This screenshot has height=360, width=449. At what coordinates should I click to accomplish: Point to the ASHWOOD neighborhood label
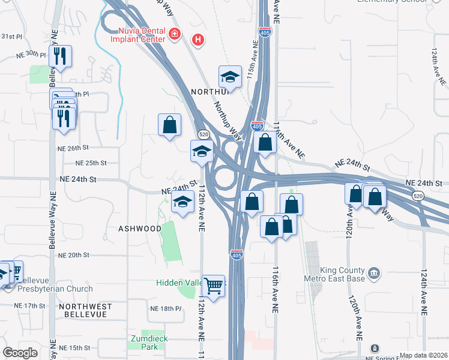[x=140, y=229]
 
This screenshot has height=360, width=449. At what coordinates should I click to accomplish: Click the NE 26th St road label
[x=73, y=148]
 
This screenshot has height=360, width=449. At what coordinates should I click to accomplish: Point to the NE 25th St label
[x=91, y=163]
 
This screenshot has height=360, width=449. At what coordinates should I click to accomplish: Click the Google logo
[x=20, y=353]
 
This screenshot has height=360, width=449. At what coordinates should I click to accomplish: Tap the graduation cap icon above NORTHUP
[x=230, y=76]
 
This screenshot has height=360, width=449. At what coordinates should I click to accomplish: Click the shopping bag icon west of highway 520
[x=170, y=125]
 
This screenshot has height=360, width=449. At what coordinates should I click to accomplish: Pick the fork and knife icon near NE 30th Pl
[x=60, y=56]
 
